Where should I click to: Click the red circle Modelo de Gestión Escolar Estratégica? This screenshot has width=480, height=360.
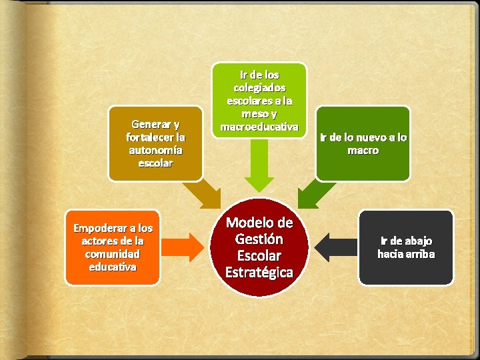tap(259, 247)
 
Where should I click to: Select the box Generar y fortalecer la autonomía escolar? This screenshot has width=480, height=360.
tap(155, 143)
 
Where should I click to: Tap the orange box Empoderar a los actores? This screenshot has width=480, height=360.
tap(113, 247)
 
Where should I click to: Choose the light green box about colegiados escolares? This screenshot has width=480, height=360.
tap(259, 100)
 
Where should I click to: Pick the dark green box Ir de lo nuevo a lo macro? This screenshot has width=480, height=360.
tap(363, 143)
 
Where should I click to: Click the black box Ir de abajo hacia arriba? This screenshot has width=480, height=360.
tap(406, 247)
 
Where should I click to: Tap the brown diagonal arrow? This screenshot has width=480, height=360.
tap(203, 194)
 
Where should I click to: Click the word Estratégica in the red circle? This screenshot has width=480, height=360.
tap(259, 272)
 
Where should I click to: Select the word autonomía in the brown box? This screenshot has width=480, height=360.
tap(155, 150)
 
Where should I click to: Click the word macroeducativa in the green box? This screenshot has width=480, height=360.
tap(259, 127)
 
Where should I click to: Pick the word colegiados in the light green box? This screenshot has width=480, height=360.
tap(259, 87)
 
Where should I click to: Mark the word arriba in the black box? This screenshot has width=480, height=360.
tap(419, 254)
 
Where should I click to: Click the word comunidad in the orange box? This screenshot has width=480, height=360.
tap(113, 254)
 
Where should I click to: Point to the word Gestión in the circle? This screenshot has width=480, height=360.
tap(259, 239)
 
